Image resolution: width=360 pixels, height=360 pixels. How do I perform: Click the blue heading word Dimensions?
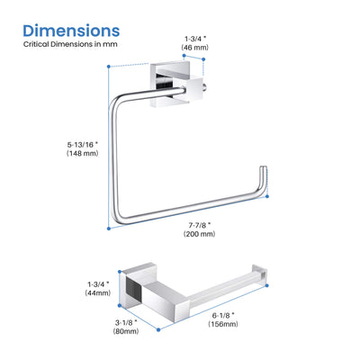tap(71, 31)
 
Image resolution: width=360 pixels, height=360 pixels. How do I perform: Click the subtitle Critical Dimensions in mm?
tap(70, 44)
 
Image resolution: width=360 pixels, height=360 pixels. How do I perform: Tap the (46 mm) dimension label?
tap(194, 48)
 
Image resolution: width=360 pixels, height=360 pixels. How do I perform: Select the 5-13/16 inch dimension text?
tap(83, 144)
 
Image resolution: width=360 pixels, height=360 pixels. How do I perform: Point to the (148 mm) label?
tap(83, 153)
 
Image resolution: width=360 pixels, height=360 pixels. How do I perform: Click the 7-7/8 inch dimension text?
tap(200, 225)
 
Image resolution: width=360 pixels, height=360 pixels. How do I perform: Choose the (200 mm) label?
tap(200, 234)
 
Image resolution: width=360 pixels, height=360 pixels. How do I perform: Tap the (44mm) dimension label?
tap(98, 292)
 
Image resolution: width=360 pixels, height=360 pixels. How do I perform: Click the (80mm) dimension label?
tap(126, 331)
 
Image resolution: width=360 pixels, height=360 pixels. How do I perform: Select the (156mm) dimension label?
tap(223, 324)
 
